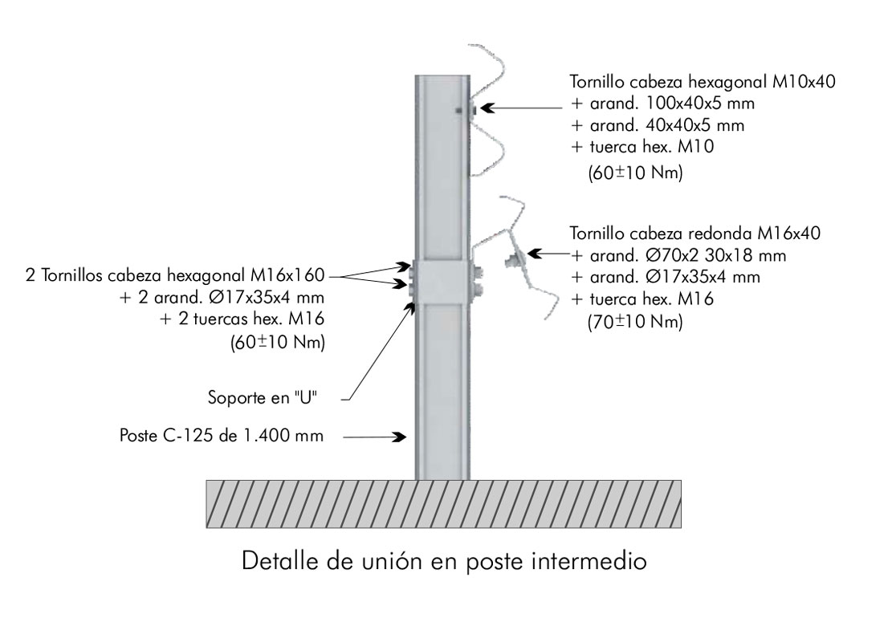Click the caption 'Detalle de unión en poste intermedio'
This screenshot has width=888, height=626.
pos(444,559)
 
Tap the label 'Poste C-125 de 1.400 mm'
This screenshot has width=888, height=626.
pos(222,437)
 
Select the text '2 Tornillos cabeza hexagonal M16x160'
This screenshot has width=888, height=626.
pos(173,276)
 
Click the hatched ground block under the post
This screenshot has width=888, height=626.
pos(444,504)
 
